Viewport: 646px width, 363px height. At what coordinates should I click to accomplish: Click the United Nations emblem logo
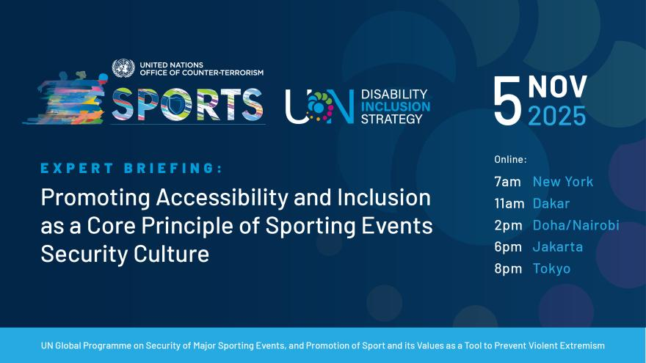123,68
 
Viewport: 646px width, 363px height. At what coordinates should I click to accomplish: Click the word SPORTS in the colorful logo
187,105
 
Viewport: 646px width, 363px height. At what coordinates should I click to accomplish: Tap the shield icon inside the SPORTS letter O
177,106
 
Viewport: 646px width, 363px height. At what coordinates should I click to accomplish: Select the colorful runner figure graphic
66,98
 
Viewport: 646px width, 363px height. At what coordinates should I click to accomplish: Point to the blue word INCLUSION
396,106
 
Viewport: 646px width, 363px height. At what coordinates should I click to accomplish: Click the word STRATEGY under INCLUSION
392,119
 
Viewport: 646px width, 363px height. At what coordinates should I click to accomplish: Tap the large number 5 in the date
507,101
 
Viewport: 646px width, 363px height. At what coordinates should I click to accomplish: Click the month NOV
557,87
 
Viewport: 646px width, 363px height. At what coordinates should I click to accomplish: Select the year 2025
557,116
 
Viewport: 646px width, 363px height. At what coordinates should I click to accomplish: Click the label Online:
510,159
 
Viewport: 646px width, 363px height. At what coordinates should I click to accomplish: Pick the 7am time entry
507,182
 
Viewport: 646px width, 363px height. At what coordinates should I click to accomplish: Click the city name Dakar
551,203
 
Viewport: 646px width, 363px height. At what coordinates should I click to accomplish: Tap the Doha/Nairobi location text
576,225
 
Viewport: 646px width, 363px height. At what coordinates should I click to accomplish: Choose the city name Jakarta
558,247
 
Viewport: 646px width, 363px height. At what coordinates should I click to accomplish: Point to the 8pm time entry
508,268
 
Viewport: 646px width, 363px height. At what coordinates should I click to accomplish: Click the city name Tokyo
551,268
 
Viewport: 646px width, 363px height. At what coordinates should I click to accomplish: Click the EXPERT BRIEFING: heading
131,168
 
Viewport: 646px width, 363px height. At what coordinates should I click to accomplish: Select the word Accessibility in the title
222,199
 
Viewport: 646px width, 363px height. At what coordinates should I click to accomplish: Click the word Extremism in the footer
581,345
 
